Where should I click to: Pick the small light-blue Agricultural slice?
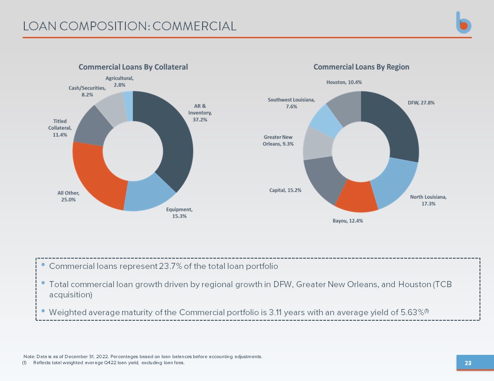[128, 106]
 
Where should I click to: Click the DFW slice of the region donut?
[399, 126]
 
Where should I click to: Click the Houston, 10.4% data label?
[344, 82]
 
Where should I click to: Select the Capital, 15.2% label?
[285, 190]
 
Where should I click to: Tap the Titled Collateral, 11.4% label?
[60, 128]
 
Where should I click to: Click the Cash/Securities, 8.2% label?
[87, 91]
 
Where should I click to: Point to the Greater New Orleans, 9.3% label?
[278, 141]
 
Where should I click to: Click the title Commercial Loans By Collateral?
[133, 67]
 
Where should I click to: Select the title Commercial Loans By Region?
[361, 67]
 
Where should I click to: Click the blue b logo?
[464, 22]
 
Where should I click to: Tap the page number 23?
[468, 363]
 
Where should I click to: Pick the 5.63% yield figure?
[412, 312]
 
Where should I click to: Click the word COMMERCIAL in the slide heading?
[195, 26]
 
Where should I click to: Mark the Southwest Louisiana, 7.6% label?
[291, 103]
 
